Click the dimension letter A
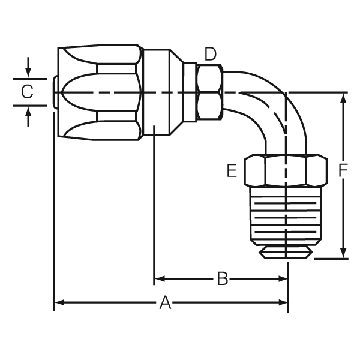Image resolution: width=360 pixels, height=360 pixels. [x=165, y=304]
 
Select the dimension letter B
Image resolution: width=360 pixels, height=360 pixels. [x=222, y=279]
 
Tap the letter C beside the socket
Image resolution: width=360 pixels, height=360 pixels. [x=27, y=92]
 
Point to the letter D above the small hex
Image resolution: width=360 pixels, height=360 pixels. [x=209, y=54]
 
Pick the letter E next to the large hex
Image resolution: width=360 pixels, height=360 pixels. [x=232, y=171]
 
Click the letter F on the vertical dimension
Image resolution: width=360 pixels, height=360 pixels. [x=343, y=171]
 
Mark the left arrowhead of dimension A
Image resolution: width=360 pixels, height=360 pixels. [x=59, y=303]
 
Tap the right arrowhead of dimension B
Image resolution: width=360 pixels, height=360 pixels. [x=284, y=278]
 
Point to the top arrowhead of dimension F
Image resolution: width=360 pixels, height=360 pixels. [x=343, y=98]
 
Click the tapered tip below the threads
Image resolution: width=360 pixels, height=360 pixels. [x=286, y=252]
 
